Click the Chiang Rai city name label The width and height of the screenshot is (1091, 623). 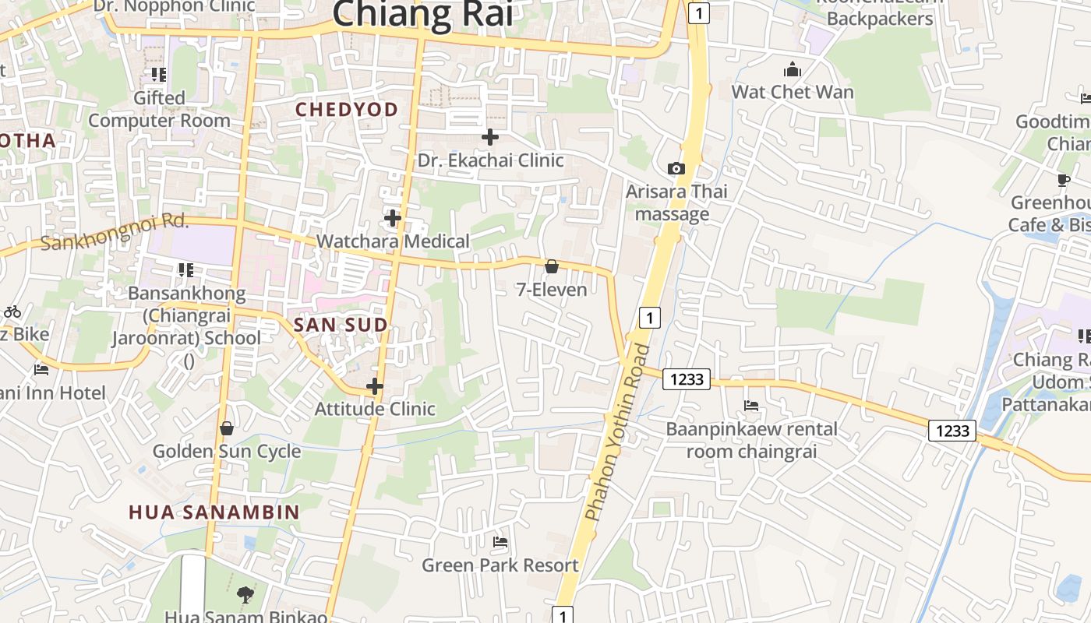(422, 14)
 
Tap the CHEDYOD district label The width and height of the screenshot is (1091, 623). (347, 110)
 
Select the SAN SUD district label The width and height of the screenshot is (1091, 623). (341, 325)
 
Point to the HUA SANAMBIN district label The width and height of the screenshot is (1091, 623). (214, 512)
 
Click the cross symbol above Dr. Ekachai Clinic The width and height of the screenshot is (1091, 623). (490, 137)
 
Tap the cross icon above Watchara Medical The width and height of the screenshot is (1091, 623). (393, 218)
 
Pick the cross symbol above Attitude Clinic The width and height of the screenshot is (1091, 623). (375, 385)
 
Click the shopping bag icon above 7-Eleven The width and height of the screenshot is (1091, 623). (552, 267)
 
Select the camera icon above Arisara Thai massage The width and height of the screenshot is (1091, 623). (676, 168)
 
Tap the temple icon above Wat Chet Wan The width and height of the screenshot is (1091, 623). (793, 70)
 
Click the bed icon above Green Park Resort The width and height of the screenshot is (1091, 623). (500, 541)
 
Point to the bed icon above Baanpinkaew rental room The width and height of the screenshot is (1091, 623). (751, 406)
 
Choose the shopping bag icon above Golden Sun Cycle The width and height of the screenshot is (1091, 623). (227, 428)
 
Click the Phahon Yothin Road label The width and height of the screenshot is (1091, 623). (617, 432)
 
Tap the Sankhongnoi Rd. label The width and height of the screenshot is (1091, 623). (115, 232)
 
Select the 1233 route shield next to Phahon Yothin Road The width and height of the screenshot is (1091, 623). (687, 379)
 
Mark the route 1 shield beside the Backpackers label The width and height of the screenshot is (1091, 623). (699, 12)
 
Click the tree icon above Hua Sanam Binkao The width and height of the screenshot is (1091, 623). (245, 595)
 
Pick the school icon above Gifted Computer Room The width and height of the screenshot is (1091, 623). (159, 75)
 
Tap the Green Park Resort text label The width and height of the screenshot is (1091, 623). (500, 565)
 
